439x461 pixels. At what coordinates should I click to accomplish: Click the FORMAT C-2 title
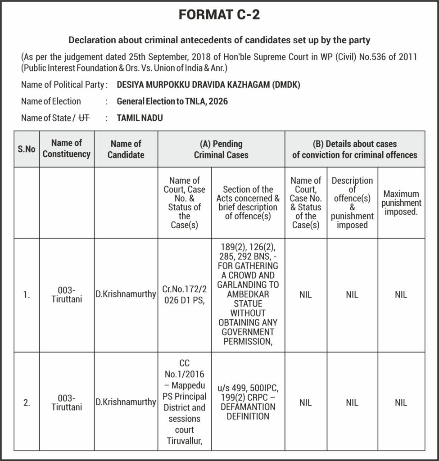pyautogui.click(x=219, y=15)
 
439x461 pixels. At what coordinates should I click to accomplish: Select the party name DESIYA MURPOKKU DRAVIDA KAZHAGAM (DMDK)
pyautogui.click(x=208, y=84)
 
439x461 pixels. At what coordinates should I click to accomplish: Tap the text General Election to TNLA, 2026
pyautogui.click(x=172, y=101)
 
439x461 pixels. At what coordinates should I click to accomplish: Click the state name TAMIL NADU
pyautogui.click(x=140, y=118)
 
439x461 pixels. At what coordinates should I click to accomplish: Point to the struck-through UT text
pyautogui.click(x=84, y=118)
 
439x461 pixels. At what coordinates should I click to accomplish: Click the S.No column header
pyautogui.click(x=27, y=149)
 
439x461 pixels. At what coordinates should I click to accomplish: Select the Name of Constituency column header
pyautogui.click(x=67, y=149)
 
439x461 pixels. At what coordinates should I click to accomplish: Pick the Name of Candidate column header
pyautogui.click(x=126, y=149)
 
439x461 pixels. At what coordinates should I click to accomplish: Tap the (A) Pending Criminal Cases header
pyautogui.click(x=221, y=149)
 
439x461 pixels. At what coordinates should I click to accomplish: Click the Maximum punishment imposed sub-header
pyautogui.click(x=401, y=203)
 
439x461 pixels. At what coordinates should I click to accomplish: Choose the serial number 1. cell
pyautogui.click(x=27, y=295)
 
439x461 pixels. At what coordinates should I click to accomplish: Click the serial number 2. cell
pyautogui.click(x=27, y=403)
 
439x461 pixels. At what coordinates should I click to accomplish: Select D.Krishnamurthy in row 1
pyautogui.click(x=126, y=295)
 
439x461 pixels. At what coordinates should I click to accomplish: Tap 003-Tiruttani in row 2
pyautogui.click(x=67, y=402)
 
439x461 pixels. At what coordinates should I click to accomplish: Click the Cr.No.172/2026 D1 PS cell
pyautogui.click(x=184, y=295)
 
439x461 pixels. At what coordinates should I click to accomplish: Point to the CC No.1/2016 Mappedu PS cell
pyautogui.click(x=184, y=402)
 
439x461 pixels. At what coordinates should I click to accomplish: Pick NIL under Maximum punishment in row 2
pyautogui.click(x=401, y=403)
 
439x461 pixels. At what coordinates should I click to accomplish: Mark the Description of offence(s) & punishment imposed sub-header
pyautogui.click(x=352, y=203)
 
